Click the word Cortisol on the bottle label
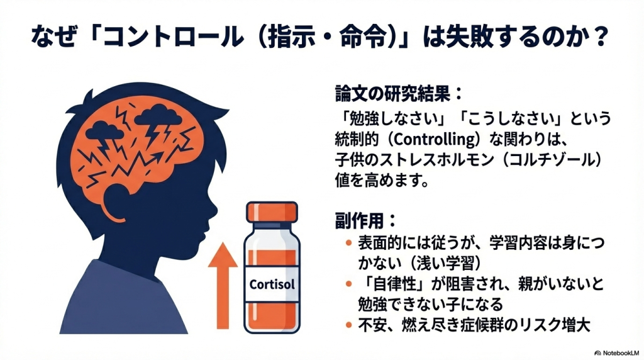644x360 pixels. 272,283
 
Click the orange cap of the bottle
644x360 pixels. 272,211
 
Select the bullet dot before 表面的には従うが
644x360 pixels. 348,243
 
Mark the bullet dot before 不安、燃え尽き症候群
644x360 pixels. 348,326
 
